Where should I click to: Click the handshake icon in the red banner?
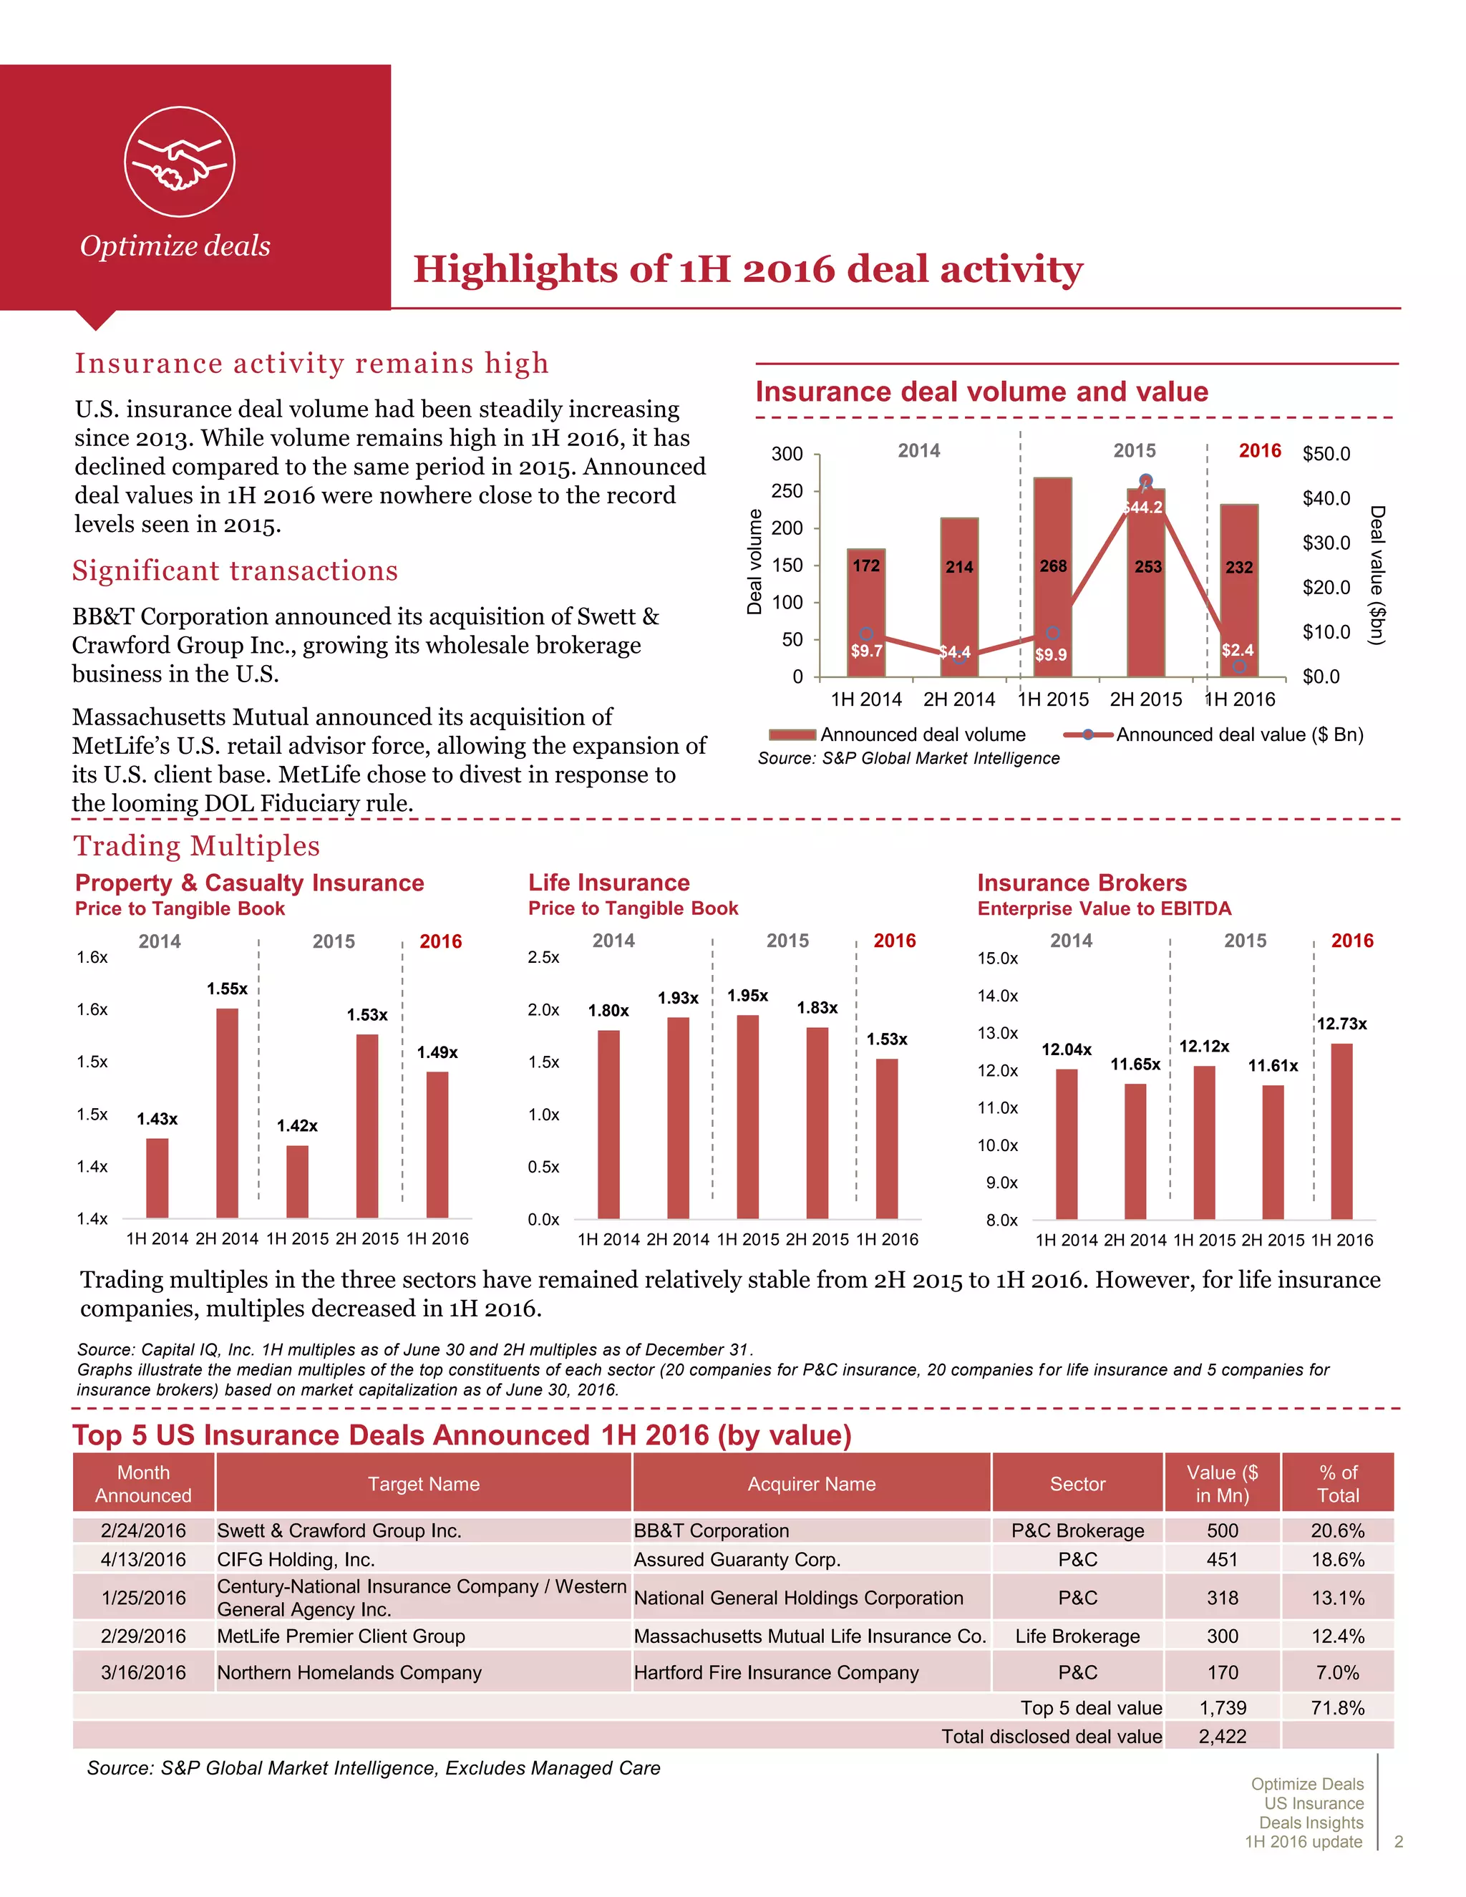[x=180, y=162]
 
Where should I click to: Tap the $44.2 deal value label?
[x=1143, y=508]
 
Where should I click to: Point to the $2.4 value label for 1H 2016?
[x=1237, y=650]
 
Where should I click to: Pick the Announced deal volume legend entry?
[x=899, y=735]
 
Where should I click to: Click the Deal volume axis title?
[x=754, y=562]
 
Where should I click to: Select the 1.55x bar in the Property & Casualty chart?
[x=227, y=1112]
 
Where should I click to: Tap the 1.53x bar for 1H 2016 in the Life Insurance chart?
[x=887, y=1138]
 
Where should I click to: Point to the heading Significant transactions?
[x=235, y=571]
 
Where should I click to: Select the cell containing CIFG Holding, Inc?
[x=296, y=1559]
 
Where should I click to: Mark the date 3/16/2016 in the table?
[x=143, y=1672]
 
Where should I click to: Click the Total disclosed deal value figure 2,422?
[x=1222, y=1737]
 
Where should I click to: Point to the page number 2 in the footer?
[x=1398, y=1841]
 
